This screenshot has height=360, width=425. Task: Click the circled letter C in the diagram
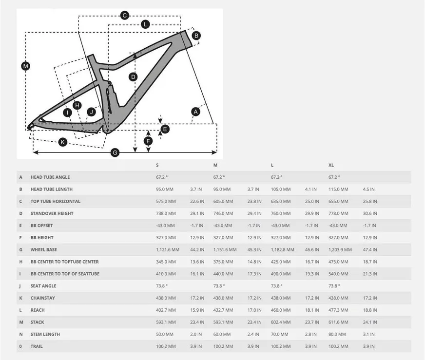point(125,16)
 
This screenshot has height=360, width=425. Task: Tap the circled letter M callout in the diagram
point(26,66)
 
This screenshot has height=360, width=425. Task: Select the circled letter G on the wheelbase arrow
point(115,152)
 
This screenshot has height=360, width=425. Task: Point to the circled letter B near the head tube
point(196,36)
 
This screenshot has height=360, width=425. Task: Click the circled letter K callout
point(62,142)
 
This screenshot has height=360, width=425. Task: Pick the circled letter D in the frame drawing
point(133,77)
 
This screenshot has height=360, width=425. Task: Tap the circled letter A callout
point(196,112)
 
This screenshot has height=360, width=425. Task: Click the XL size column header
point(331,165)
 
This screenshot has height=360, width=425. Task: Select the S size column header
point(157,165)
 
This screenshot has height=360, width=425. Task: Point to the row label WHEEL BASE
point(44,250)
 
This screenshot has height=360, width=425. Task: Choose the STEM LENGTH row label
point(45,335)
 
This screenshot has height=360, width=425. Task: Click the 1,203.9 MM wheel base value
point(340,250)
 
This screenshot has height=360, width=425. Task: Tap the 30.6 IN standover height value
point(370,213)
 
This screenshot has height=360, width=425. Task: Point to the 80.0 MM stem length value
point(337,335)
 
